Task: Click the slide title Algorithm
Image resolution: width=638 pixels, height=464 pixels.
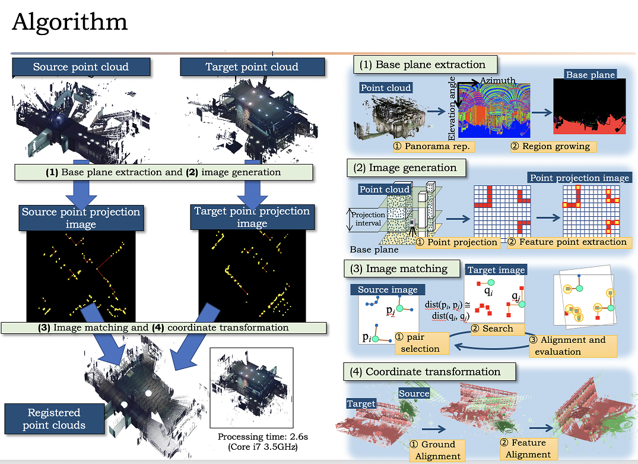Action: point(69,22)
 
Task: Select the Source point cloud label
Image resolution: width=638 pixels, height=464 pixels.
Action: point(81,67)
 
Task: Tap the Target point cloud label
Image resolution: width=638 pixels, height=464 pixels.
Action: point(252,67)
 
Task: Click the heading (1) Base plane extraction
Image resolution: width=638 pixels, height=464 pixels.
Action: point(424,65)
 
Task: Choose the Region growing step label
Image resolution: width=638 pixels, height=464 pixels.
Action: point(551,146)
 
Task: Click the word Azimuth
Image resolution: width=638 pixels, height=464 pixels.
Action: point(497,81)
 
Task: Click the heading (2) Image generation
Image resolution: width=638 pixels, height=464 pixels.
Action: point(405,168)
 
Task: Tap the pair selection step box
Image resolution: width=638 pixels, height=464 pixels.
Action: point(420,343)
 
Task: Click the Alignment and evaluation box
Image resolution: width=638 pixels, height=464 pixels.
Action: point(572,345)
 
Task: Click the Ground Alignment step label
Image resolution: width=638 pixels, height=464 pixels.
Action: point(438,450)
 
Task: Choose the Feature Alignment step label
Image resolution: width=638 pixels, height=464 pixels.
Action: point(528,449)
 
